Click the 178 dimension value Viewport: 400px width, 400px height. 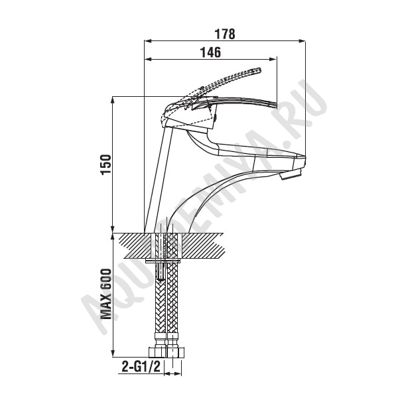coord(224,34)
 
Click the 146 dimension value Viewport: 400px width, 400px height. coord(210,52)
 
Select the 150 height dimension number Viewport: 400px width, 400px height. coord(106,165)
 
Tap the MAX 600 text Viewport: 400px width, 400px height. coord(106,294)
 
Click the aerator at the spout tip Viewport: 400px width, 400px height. coord(292,175)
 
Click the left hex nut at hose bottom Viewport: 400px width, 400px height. coord(157,352)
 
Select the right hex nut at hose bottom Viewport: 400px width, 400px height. coord(175,352)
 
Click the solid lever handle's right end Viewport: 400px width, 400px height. coord(275,105)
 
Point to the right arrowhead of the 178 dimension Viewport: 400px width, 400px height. coord(302,40)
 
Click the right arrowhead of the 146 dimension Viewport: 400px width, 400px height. coord(273,59)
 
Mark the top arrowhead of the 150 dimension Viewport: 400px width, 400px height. coord(113,100)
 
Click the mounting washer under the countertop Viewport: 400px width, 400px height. coord(163,261)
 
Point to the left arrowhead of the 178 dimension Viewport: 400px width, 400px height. coord(148,40)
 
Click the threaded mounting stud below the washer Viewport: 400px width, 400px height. coord(161,271)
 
